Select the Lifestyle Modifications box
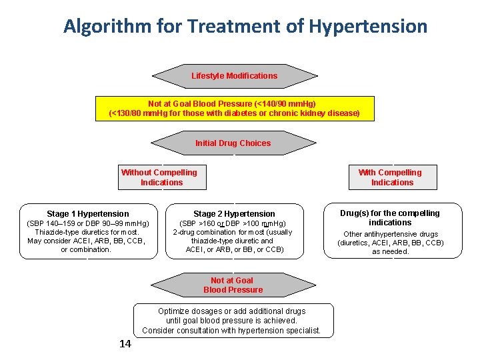click(234, 76)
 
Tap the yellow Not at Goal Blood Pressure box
click(234, 109)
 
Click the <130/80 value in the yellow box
click(130, 113)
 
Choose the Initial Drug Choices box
click(233, 143)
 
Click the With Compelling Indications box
click(392, 177)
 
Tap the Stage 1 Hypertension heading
click(88, 214)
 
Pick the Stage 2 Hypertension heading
click(234, 214)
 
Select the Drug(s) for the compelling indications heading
click(390, 217)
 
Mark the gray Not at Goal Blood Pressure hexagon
click(233, 285)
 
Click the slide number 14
click(125, 344)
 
